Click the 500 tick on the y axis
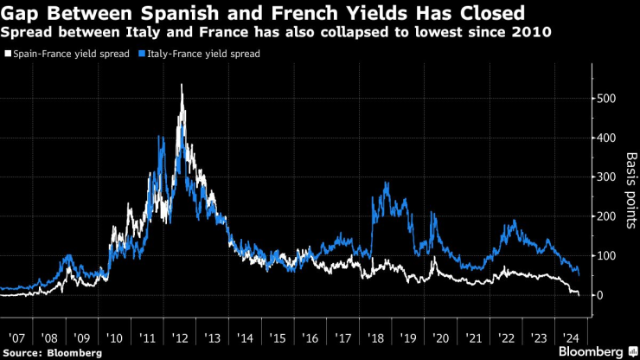(607, 99)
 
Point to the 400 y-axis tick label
(607, 138)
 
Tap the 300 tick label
(607, 177)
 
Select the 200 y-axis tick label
(607, 217)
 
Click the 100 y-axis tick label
(607, 256)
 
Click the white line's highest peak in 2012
(182, 85)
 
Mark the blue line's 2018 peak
(386, 183)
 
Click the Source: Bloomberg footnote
(53, 353)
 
